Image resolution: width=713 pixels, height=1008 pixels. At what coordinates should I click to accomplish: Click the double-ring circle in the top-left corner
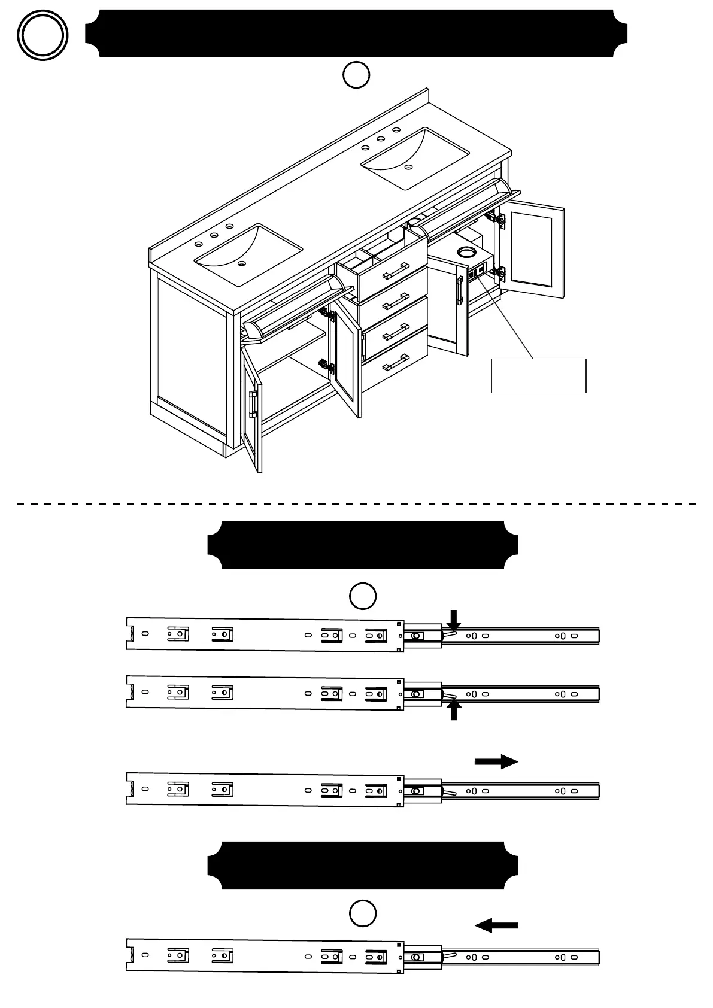click(42, 36)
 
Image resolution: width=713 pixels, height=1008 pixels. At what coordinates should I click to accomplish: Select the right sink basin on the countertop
click(415, 157)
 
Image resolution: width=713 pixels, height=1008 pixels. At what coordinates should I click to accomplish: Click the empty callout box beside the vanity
click(538, 376)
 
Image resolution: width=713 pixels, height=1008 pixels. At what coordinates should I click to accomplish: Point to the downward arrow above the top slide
click(454, 620)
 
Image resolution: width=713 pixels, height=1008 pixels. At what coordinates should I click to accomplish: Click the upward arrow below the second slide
click(454, 711)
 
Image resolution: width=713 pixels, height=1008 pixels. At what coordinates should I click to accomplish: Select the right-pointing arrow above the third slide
click(496, 761)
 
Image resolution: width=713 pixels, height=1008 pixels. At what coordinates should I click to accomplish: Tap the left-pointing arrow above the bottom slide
click(496, 925)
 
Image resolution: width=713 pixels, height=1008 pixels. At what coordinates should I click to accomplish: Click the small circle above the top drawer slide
click(363, 596)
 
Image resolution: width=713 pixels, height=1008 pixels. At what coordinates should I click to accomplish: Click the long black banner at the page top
click(356, 34)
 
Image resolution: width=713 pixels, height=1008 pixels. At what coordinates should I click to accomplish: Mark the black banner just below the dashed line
click(362, 545)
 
